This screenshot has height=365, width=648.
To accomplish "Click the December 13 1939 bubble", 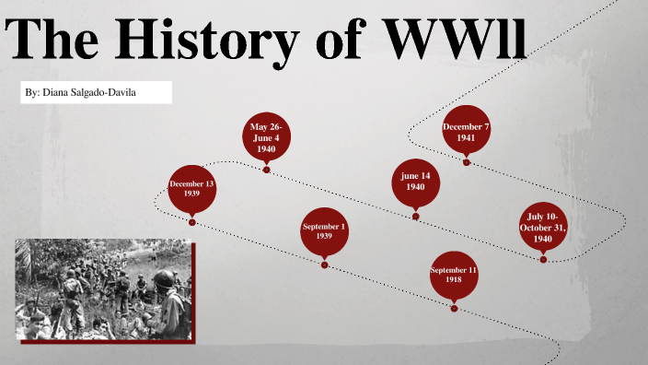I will [191, 189].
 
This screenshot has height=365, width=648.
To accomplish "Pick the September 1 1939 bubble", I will [324, 231].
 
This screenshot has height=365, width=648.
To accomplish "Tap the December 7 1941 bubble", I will [466, 131].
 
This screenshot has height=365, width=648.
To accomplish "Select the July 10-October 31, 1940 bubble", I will [542, 226].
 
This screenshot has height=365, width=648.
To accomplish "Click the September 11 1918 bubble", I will [454, 275].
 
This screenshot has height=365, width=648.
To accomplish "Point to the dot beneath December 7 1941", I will [467, 162].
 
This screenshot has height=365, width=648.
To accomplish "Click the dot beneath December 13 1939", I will [191, 221].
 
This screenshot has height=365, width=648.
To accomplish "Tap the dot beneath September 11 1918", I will [454, 308].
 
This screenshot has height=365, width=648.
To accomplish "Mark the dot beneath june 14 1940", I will [416, 217].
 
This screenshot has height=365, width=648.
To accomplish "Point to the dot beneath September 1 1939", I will [324, 265].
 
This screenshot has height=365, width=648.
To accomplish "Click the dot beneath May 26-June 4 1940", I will [266, 170].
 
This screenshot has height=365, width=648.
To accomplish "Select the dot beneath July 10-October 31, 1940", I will [543, 259].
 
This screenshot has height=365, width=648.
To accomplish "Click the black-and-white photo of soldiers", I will [103, 289].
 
